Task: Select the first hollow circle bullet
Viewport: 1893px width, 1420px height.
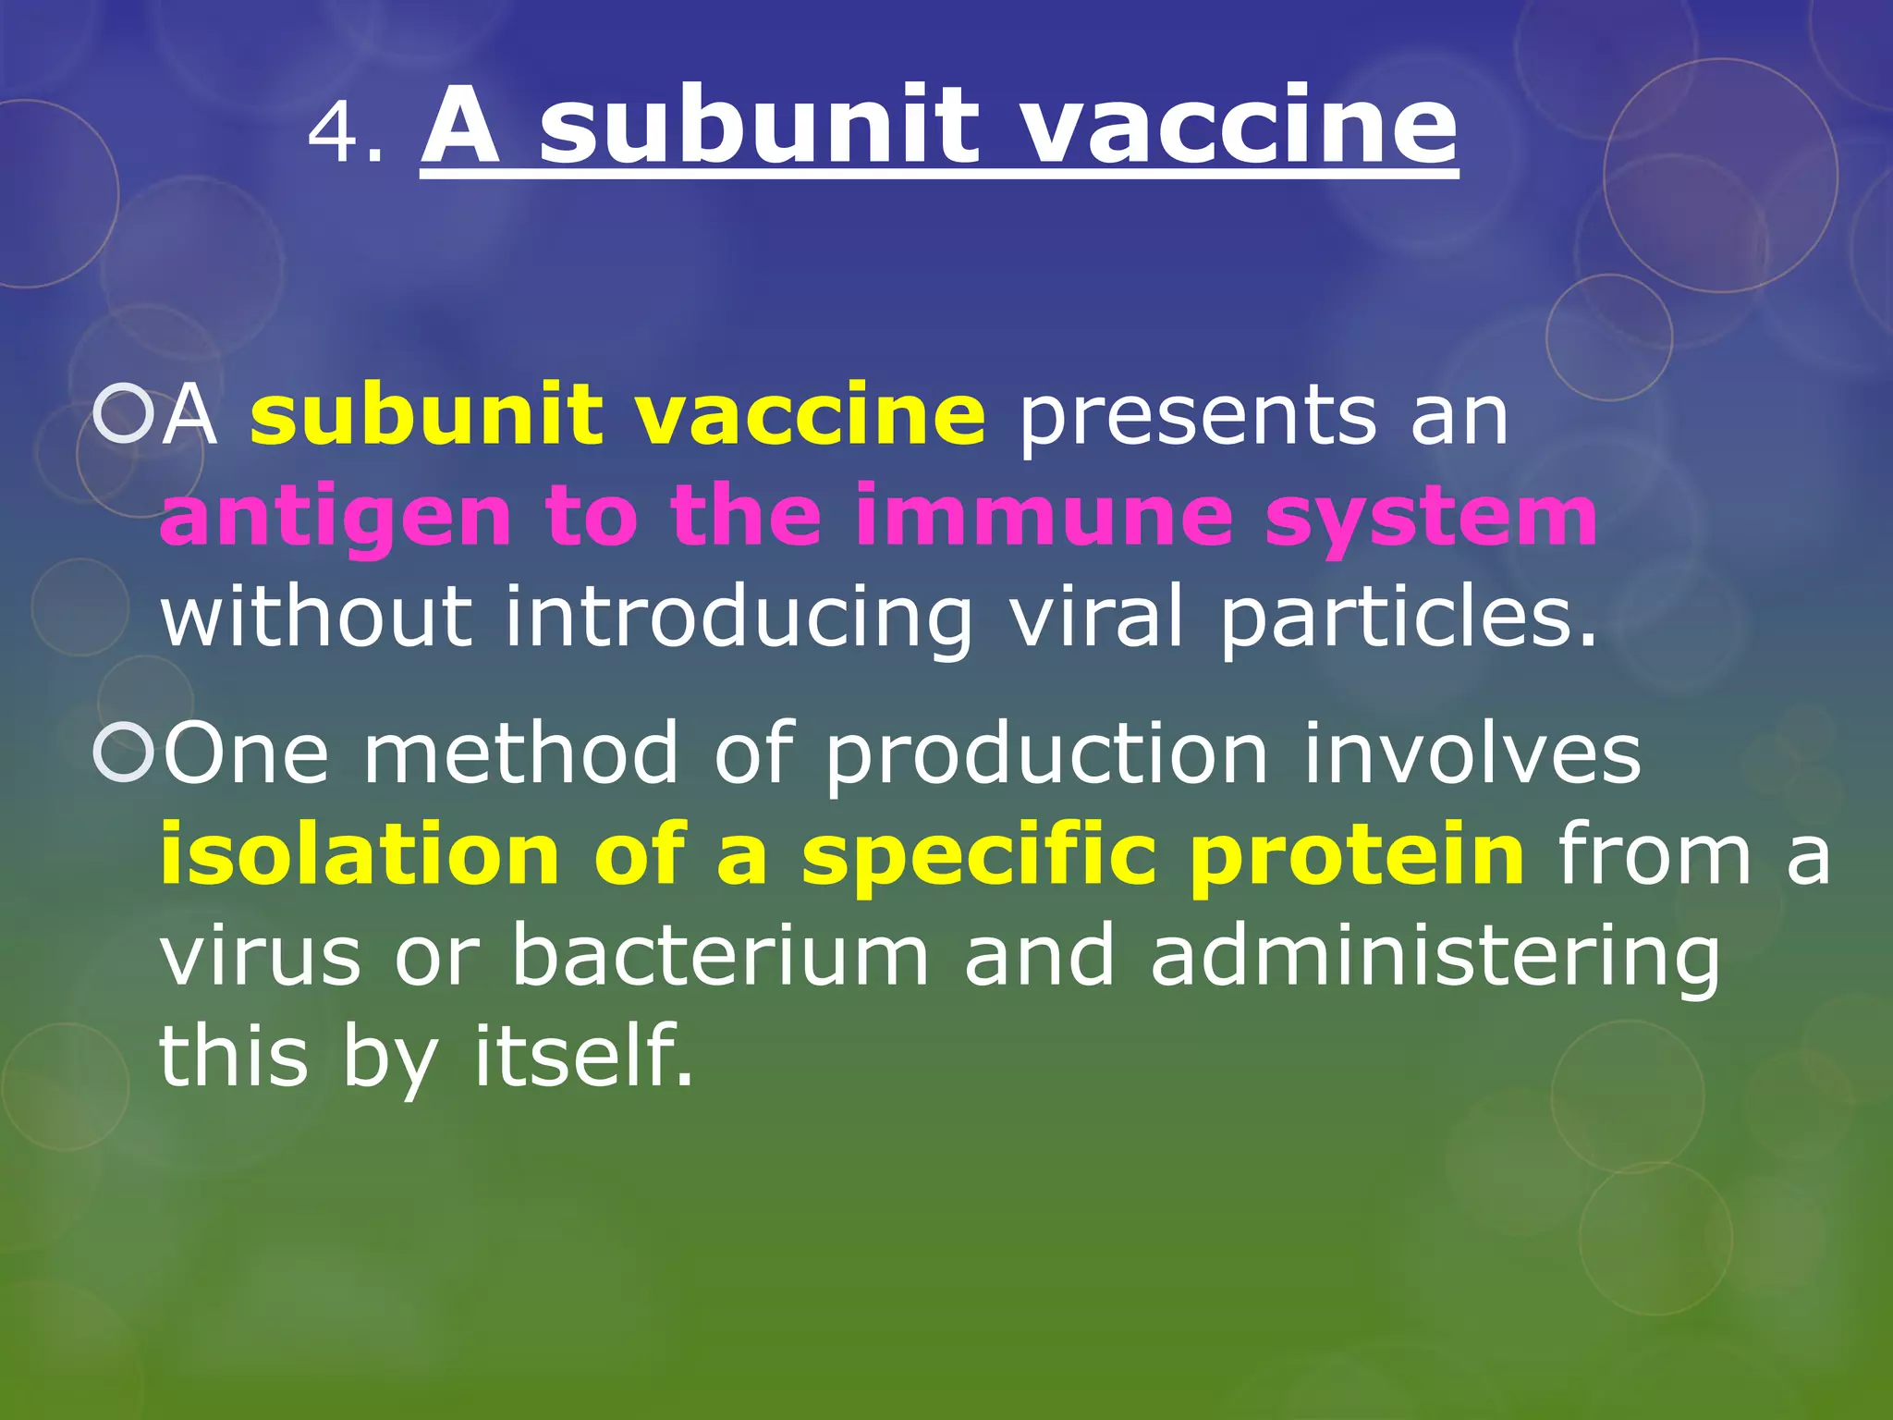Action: coord(124,416)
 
